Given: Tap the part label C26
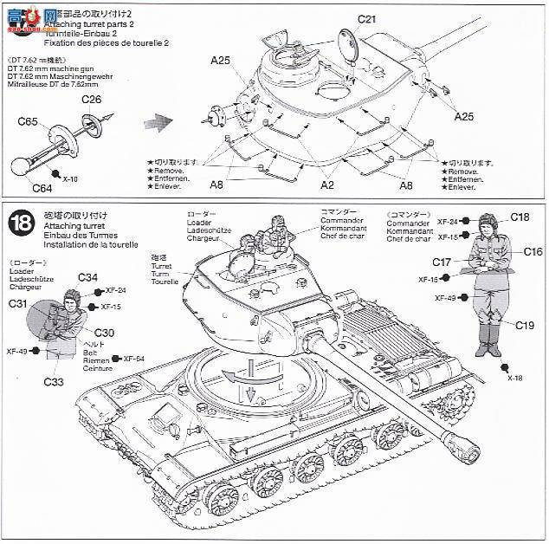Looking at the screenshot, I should click(x=92, y=100).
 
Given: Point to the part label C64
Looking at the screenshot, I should click(x=42, y=187).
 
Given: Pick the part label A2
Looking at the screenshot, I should click(x=328, y=185).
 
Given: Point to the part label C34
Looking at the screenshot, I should click(x=87, y=277).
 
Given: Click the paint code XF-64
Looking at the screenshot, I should click(x=134, y=359).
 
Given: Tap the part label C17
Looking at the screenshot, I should click(x=442, y=262).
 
